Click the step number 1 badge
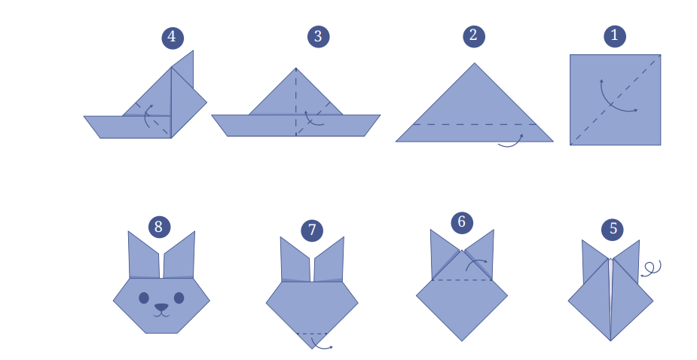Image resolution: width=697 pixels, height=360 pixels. coord(615,36)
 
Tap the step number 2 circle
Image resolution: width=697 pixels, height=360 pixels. coord(474,36)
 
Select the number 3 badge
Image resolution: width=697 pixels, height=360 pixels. coord(318,36)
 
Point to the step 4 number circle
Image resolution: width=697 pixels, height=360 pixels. coord(173,38)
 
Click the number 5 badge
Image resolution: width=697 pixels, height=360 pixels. coord(613,230)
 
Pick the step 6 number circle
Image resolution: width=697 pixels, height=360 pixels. coord(462,222)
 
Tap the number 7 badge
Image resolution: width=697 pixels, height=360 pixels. coord(312,230)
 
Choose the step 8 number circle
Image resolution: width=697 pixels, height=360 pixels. coord(159,227)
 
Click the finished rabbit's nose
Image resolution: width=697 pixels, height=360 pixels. coord(161,307)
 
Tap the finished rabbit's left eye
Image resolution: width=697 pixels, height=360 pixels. coord(144,297)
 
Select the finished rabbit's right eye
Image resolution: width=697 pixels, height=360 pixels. coord(179,297)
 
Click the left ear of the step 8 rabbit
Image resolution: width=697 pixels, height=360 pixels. coord(144,255)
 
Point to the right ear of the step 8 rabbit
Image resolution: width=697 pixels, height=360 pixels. coord(179,255)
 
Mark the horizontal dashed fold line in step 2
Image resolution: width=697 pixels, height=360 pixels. coord(474,124)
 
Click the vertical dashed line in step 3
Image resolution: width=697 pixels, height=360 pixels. coord(296,102)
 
